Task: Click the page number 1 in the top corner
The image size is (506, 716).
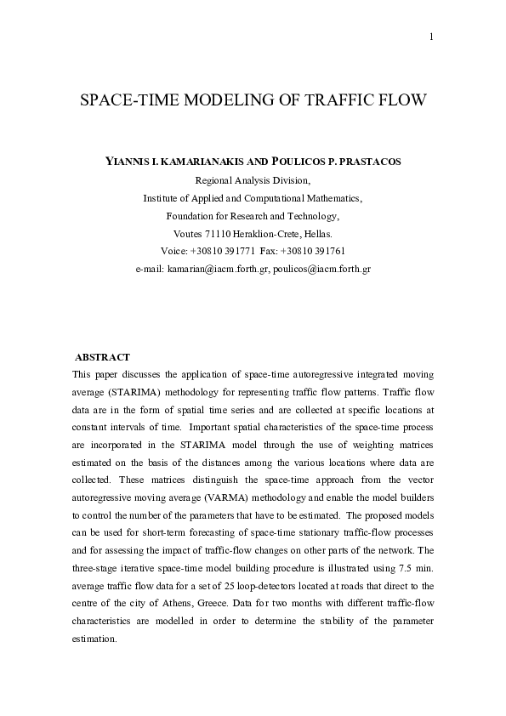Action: point(432,36)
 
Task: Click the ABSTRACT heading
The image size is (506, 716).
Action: point(102,357)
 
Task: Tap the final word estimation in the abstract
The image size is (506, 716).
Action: point(98,639)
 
